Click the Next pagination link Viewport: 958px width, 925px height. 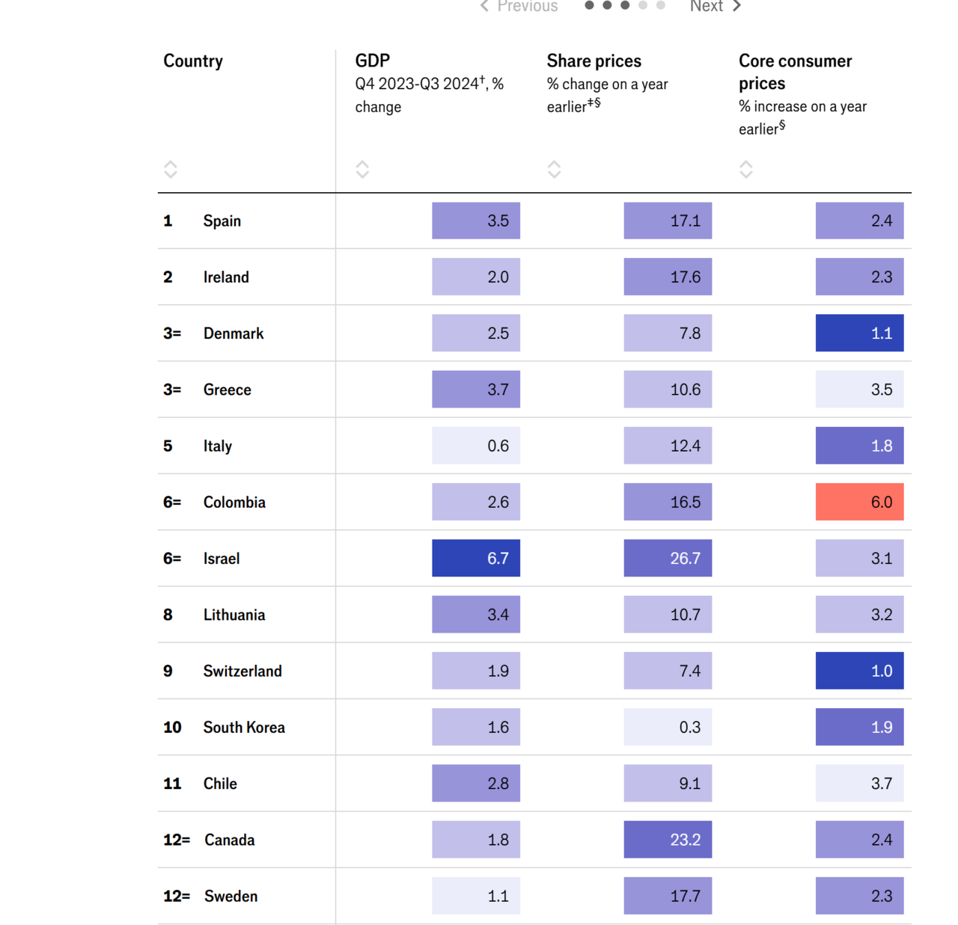tap(715, 6)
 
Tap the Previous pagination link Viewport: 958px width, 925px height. tap(519, 6)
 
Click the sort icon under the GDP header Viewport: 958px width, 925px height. tap(362, 169)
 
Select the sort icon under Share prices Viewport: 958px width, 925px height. tap(554, 169)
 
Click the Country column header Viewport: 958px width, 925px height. tap(193, 61)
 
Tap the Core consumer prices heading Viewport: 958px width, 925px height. tap(795, 72)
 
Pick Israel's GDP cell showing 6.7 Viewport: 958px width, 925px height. tap(476, 559)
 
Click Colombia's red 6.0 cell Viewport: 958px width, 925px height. tap(859, 502)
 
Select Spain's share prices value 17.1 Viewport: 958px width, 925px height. tap(668, 221)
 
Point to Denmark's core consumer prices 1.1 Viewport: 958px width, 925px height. tap(859, 334)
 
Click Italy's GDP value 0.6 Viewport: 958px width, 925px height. tap(476, 446)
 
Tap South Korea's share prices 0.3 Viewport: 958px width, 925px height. tap(668, 727)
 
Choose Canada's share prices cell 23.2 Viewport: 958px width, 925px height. tap(668, 840)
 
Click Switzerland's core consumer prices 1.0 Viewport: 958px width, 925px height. tap(859, 671)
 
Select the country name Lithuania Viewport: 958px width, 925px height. tap(234, 615)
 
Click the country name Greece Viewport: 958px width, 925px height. tap(228, 390)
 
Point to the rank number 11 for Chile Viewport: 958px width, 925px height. tap(172, 784)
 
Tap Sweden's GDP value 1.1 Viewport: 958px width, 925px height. tap(476, 896)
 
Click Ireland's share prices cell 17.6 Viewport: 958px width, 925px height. tap(668, 277)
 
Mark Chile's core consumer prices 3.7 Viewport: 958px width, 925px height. tap(859, 784)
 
